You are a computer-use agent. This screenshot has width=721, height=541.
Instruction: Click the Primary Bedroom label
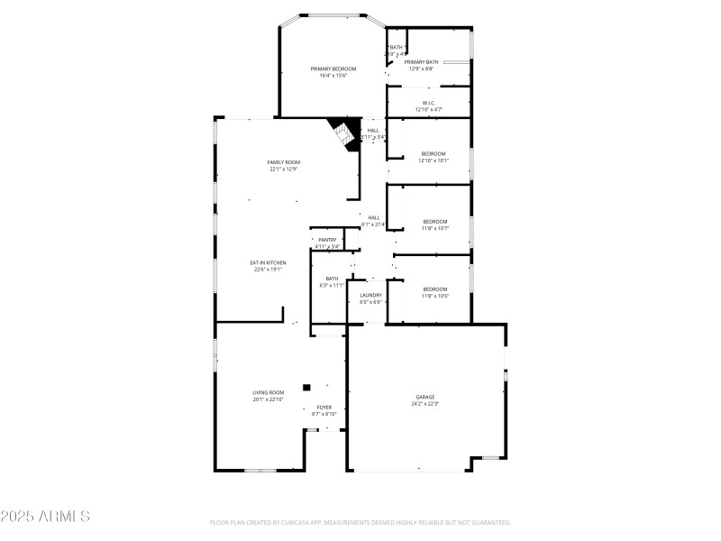[x=333, y=69]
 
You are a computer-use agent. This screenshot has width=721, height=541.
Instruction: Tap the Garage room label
[x=425, y=397]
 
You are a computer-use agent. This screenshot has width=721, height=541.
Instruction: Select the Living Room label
[x=269, y=392]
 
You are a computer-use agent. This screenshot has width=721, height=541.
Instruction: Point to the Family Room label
[x=282, y=162]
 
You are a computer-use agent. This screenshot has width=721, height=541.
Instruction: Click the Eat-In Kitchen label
[x=269, y=262]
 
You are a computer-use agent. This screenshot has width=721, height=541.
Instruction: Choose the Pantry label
[x=327, y=240]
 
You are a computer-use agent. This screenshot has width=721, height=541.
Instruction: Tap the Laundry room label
[x=371, y=295]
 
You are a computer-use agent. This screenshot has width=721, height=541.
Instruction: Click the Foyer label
[x=324, y=408]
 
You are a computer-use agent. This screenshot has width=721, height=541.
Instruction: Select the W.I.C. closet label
[x=429, y=103]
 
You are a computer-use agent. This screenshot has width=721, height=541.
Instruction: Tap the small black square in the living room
[x=306, y=387]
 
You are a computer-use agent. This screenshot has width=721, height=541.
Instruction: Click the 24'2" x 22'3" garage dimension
[x=425, y=404]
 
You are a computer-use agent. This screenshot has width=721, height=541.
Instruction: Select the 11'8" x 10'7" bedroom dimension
[x=435, y=228]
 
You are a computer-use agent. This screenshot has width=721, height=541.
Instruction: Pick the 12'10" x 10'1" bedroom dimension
[x=434, y=160]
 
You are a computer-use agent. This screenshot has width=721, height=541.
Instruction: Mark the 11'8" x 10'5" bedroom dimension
[x=435, y=296]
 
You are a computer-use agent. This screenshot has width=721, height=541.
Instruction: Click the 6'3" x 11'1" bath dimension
[x=332, y=286]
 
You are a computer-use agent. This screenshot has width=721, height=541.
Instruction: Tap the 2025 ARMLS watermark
[x=45, y=517]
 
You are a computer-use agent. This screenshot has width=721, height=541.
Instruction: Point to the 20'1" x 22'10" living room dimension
[x=269, y=399]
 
